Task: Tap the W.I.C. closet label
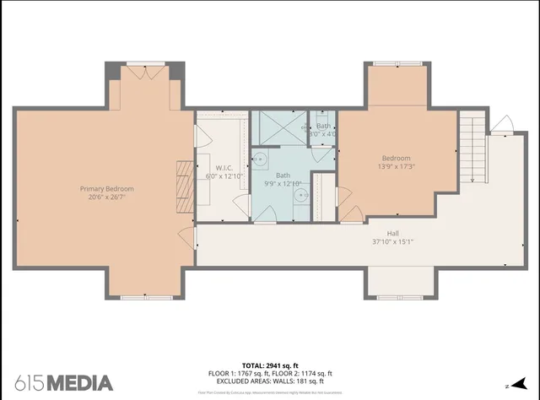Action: pyautogui.click(x=224, y=168)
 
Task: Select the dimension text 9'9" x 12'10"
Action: pyautogui.click(x=283, y=183)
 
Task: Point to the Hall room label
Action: pyautogui.click(x=393, y=234)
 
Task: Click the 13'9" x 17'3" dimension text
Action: pyautogui.click(x=396, y=167)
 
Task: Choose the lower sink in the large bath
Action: pyautogui.click(x=300, y=196)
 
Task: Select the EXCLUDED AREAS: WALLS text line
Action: pyautogui.click(x=270, y=381)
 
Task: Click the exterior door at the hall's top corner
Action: pyautogui.click(x=501, y=127)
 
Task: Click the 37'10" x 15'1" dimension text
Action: pyautogui.click(x=393, y=242)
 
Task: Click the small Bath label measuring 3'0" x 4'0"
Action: pyautogui.click(x=324, y=129)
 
